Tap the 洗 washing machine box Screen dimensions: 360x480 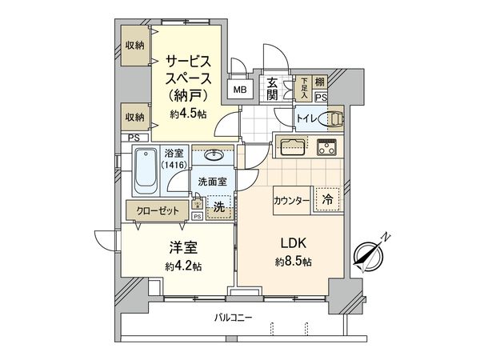click(219, 207)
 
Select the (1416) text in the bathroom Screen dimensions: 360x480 click(174, 164)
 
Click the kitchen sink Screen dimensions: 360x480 click(290, 146)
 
